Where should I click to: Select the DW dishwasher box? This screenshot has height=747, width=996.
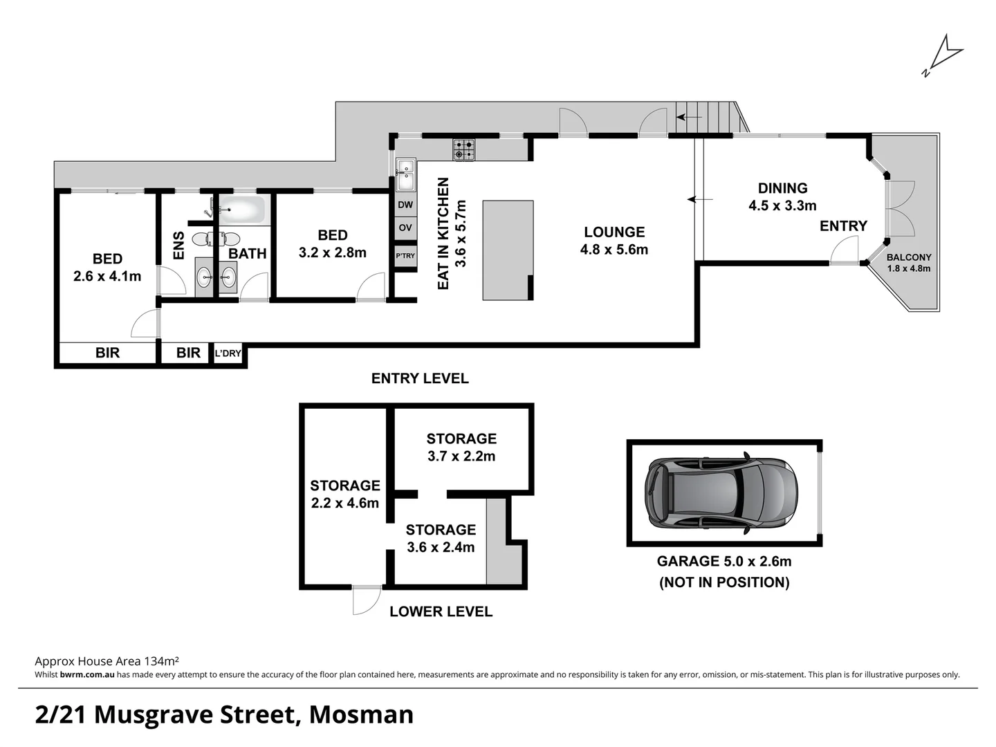point(405,205)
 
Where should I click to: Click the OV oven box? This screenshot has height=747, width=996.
point(405,228)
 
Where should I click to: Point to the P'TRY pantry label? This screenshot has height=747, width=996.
point(405,256)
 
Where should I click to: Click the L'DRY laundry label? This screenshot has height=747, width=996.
point(228,353)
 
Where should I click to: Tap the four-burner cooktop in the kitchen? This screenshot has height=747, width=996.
point(464,149)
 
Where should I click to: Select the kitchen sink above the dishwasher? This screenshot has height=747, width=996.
point(405,174)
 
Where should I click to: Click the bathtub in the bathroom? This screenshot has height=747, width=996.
point(242,210)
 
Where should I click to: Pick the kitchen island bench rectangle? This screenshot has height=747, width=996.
point(508,250)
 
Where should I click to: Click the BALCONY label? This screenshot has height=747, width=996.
point(909,257)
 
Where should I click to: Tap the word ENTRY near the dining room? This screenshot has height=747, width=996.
point(843,226)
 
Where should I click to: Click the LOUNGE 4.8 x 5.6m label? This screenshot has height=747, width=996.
point(614,241)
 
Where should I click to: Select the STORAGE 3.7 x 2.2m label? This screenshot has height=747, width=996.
point(461,447)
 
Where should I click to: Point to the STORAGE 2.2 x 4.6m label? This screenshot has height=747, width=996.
point(344,494)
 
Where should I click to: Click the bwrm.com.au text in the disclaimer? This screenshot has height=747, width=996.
point(87,674)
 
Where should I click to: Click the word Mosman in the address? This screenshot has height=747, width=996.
point(361,714)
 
